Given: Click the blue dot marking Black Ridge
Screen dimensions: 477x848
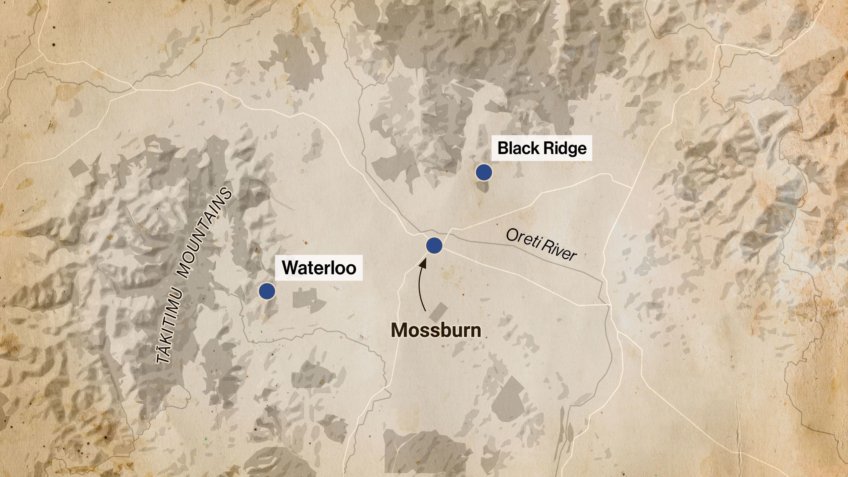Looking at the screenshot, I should click(x=484, y=172).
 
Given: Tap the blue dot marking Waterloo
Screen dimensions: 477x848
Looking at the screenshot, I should click(x=267, y=291).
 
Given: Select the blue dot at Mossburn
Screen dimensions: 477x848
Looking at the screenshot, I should click(x=434, y=245).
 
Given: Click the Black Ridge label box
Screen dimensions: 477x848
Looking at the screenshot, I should click(x=542, y=148).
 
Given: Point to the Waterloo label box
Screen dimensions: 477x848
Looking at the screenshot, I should click(x=319, y=268).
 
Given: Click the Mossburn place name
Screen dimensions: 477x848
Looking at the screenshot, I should click(x=436, y=330).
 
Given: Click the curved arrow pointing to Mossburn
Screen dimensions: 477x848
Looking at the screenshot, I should click(x=420, y=285).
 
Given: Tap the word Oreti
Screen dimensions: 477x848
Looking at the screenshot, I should click(x=523, y=238).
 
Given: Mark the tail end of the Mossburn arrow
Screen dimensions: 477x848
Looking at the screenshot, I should click(x=425, y=311).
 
